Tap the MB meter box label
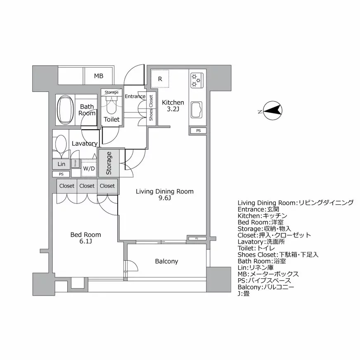click(98, 76)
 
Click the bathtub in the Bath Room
click(65, 110)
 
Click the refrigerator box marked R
click(160, 78)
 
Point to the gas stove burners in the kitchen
click(196, 80)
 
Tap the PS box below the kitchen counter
click(199, 131)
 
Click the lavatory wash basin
click(61, 145)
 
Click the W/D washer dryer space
click(88, 168)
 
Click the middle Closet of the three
click(87, 186)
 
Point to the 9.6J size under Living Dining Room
click(165, 198)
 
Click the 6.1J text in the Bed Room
click(85, 241)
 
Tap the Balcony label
click(166, 261)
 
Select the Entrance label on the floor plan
click(135, 97)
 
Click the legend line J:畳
click(244, 294)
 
